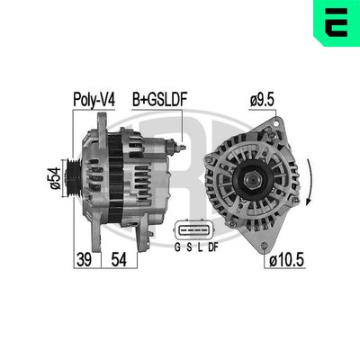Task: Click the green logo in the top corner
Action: point(336,23)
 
